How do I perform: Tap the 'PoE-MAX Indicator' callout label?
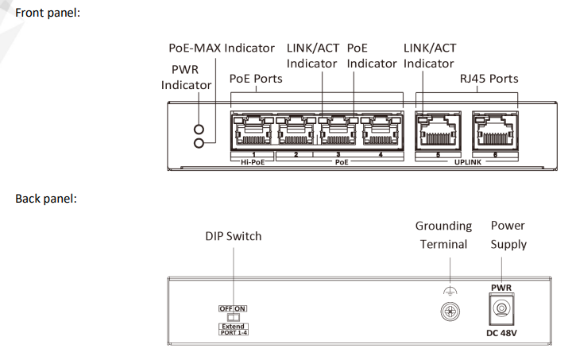click(x=222, y=48)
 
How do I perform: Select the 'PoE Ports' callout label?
click(x=256, y=79)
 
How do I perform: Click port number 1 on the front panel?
click(x=253, y=130)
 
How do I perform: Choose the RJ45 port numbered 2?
click(x=296, y=130)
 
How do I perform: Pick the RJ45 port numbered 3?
click(x=338, y=130)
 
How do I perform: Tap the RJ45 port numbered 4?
click(x=381, y=130)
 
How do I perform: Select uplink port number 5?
click(x=437, y=130)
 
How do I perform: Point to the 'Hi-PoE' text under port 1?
click(x=251, y=161)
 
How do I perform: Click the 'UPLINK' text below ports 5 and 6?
click(x=466, y=161)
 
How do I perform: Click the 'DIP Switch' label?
click(x=233, y=236)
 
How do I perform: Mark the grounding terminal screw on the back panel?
click(x=450, y=310)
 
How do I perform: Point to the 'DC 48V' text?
click(x=502, y=333)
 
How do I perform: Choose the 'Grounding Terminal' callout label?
click(x=445, y=235)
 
